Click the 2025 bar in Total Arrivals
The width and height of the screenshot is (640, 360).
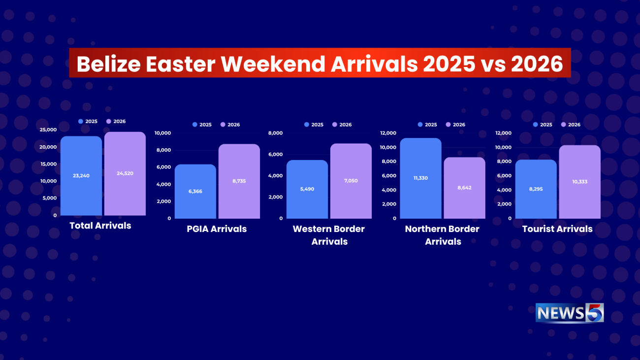(x=81, y=176)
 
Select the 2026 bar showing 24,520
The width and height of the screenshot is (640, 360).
(x=125, y=173)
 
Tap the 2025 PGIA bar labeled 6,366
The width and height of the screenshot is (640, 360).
(x=195, y=192)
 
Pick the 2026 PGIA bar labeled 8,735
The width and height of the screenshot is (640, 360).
(x=239, y=181)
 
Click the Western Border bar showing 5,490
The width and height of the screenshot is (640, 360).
(x=307, y=189)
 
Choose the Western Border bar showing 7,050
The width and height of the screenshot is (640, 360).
(x=351, y=181)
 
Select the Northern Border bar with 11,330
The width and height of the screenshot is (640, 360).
(x=420, y=178)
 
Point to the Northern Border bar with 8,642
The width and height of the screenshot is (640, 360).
(x=464, y=188)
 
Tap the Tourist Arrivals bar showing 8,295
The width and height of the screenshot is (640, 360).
(x=536, y=189)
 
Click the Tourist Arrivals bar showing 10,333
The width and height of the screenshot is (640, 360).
(x=580, y=182)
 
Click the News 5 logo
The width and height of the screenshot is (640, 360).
(x=570, y=313)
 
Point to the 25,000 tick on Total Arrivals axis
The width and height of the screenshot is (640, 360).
(x=48, y=130)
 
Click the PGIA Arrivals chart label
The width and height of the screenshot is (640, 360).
(x=217, y=229)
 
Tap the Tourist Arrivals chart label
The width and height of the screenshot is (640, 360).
(x=557, y=229)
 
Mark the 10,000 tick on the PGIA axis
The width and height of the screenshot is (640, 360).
(x=162, y=133)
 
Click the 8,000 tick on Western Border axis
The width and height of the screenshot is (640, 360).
(x=275, y=133)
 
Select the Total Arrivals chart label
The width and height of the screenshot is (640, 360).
(x=100, y=226)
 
